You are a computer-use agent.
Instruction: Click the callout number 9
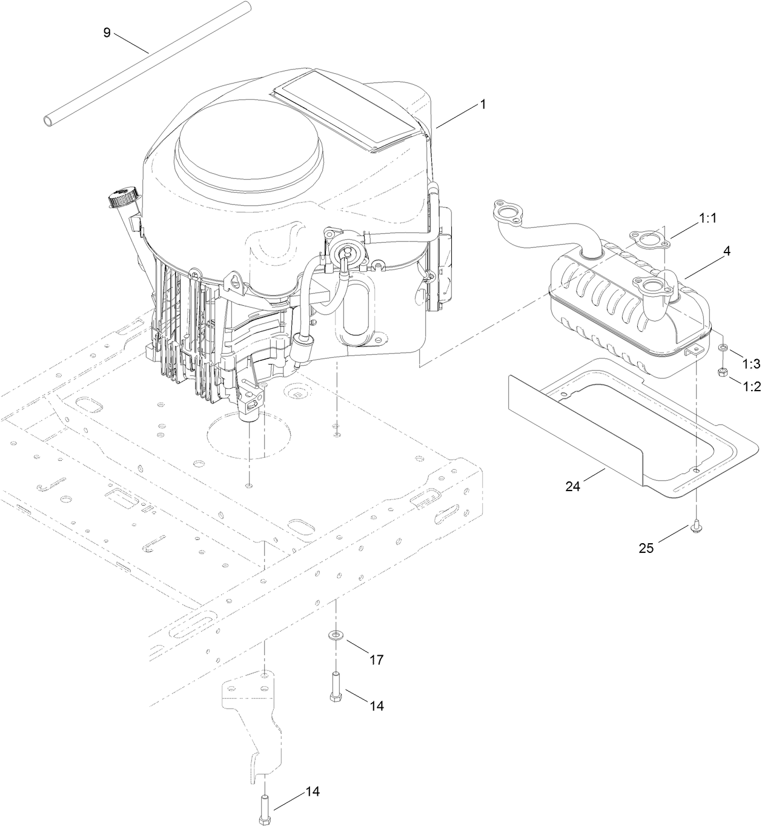107,33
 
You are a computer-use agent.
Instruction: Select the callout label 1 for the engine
483,104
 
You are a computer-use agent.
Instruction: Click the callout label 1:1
707,218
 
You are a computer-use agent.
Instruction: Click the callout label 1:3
751,364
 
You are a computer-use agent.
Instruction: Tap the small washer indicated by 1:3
723,349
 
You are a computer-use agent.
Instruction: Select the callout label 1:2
751,384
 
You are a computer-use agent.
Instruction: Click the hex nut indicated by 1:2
723,371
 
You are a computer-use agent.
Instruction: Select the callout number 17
377,659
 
